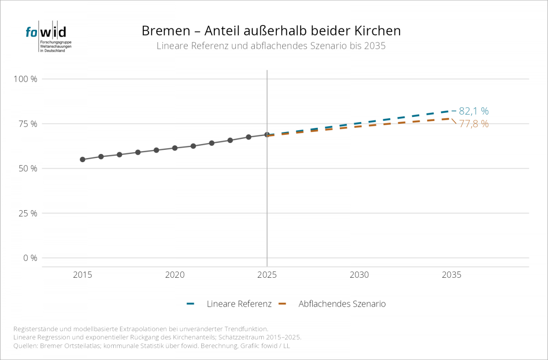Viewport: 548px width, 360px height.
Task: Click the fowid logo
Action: pyautogui.click(x=48, y=37)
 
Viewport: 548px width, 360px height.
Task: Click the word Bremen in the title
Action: pyautogui.click(x=166, y=31)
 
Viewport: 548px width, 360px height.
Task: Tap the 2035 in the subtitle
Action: pyautogui.click(x=375, y=46)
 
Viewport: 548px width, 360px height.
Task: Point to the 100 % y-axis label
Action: pyautogui.click(x=26, y=79)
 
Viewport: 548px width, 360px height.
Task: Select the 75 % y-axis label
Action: pyautogui.click(x=28, y=124)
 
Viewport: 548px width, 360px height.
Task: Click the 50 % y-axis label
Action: pyautogui.click(x=28, y=169)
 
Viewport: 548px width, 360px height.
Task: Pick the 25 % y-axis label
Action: pyautogui.click(x=28, y=213)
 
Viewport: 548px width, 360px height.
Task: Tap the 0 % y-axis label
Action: pyautogui.click(x=30, y=258)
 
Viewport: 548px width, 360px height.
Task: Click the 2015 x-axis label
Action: pyautogui.click(x=83, y=275)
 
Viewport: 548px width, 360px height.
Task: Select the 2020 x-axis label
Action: pyautogui.click(x=174, y=275)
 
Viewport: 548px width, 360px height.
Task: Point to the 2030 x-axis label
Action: pyautogui.click(x=359, y=275)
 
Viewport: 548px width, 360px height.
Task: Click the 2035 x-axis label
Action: pyautogui.click(x=451, y=275)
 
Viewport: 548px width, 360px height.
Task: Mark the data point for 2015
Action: pyautogui.click(x=83, y=159)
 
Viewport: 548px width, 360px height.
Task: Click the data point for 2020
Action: pyautogui.click(x=174, y=148)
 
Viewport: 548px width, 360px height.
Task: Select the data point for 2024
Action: pyautogui.click(x=248, y=137)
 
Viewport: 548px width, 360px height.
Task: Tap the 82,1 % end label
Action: pyautogui.click(x=474, y=111)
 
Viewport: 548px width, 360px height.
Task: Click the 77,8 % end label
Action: pyautogui.click(x=474, y=124)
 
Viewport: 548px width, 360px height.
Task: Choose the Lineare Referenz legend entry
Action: pyautogui.click(x=229, y=304)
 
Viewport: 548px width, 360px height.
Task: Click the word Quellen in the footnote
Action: pyautogui.click(x=26, y=346)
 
